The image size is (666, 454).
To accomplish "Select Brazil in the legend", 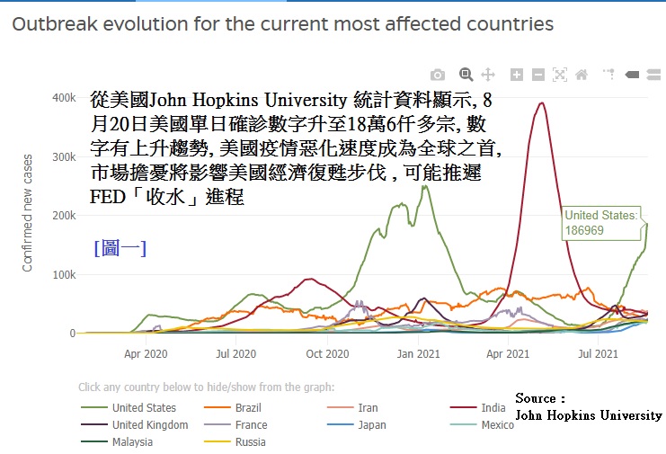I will pos(248,408).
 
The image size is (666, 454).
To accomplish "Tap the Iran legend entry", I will pos(368,408).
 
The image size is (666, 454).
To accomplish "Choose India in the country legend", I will pos(493,408).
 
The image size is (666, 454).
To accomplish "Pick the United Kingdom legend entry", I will pos(150,425).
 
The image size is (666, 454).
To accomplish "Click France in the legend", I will pos(251,425).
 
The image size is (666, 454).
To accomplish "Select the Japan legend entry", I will pos(371,425).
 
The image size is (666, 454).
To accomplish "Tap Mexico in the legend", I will pos(497,425).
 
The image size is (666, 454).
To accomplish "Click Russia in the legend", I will pos(250,442).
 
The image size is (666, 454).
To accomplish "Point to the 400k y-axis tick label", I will pos(61,98).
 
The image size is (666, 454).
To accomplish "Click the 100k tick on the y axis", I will pos(61,274).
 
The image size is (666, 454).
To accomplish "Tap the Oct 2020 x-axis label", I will pos(326,354).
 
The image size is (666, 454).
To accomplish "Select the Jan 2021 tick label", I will pos(418,354).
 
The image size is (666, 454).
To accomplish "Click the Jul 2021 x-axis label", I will pos(597,354).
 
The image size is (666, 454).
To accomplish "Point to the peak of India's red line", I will pos(541,102).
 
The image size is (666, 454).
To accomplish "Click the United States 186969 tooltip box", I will pos(600,223).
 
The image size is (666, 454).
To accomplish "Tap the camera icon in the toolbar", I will pos(437,75).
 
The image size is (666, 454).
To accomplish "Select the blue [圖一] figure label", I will pos(120,248).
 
